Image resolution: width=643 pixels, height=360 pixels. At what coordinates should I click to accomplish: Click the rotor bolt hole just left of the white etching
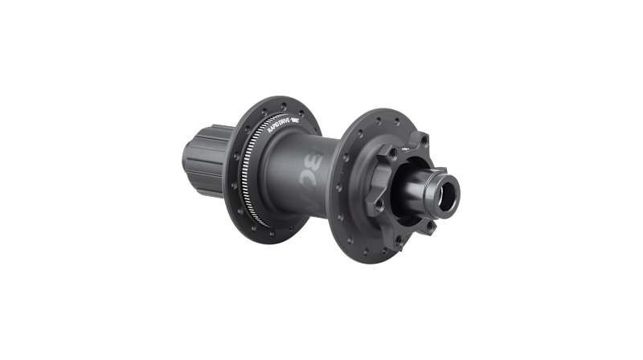391,153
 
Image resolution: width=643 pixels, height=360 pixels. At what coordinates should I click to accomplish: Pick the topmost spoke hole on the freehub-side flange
285,104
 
